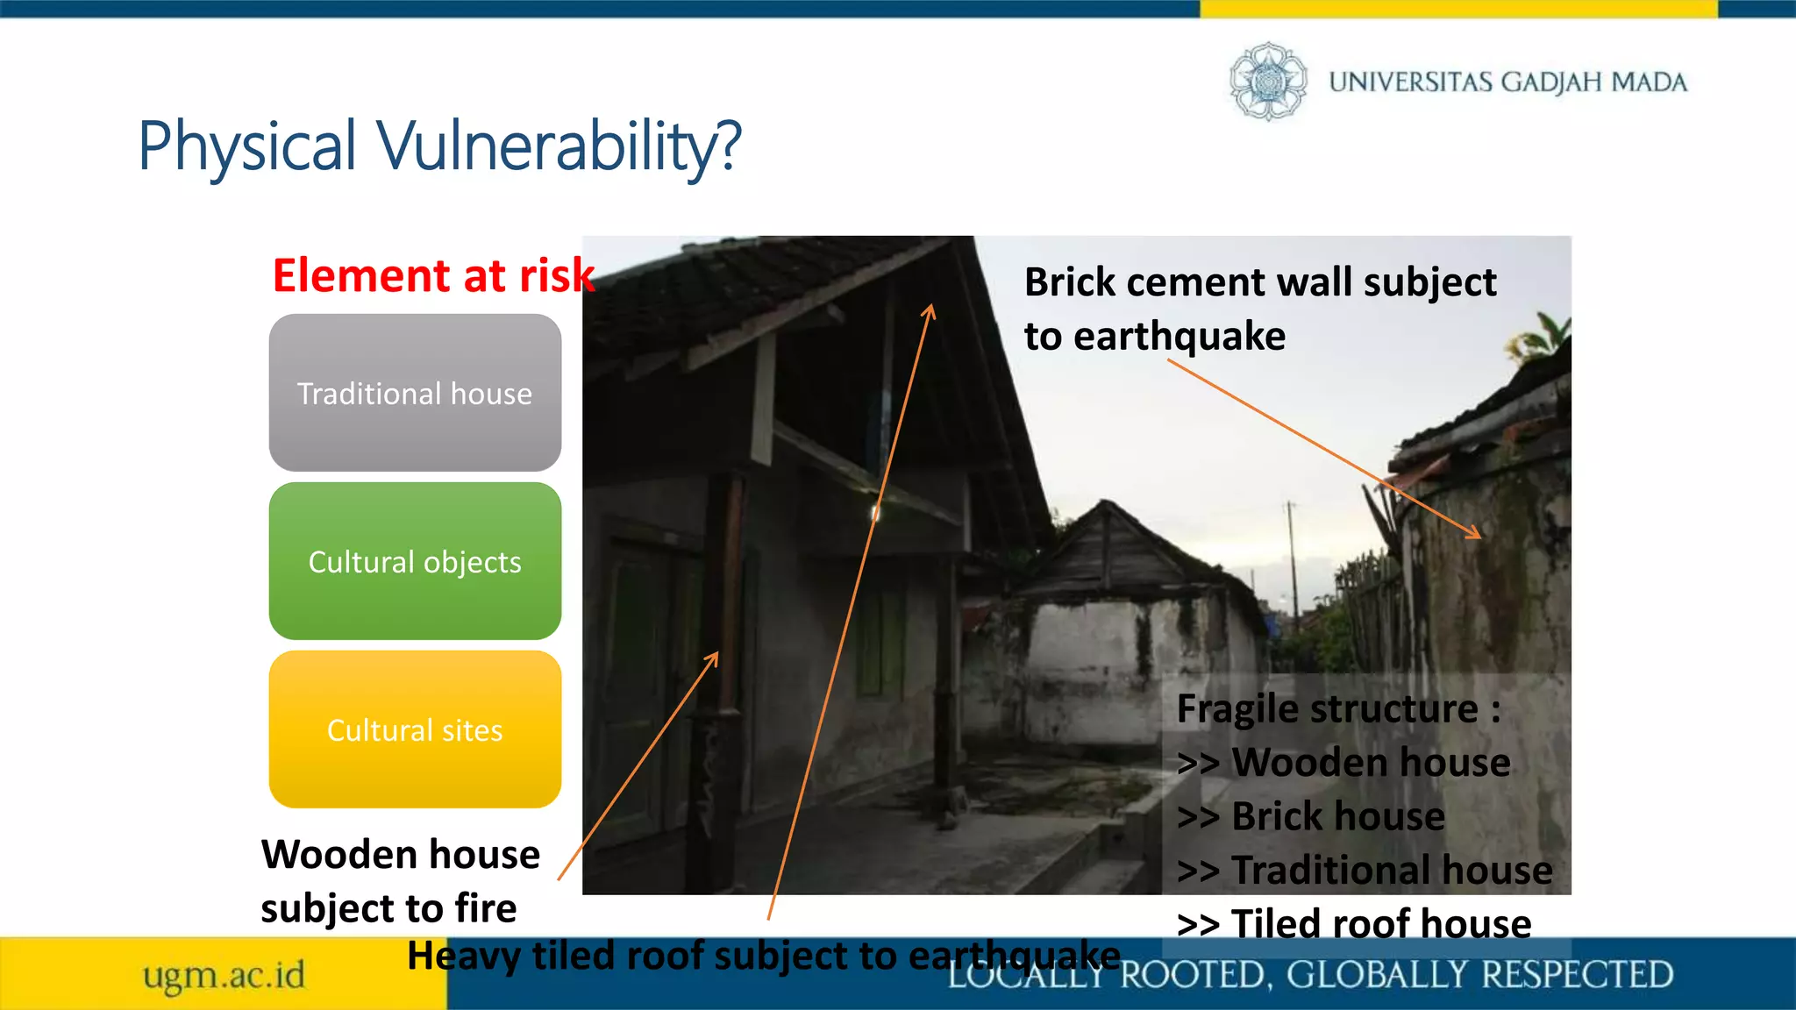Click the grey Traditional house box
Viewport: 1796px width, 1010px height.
click(415, 393)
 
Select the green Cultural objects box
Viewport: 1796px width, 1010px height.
click(415, 561)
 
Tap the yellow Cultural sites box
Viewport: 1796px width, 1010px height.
click(415, 729)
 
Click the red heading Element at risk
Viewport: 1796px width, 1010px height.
click(433, 275)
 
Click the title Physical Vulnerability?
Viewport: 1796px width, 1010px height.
click(439, 146)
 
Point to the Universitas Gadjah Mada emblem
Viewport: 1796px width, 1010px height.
click(1267, 82)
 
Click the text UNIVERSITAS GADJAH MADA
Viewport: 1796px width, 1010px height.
click(1507, 82)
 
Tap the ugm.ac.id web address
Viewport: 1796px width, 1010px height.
click(224, 975)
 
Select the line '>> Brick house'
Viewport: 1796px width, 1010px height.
click(1311, 816)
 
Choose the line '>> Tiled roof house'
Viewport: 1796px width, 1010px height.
click(1354, 924)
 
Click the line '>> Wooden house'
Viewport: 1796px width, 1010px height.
click(1343, 763)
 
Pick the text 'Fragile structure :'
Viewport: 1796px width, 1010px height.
click(1338, 708)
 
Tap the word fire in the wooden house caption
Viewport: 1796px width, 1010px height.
click(485, 908)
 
